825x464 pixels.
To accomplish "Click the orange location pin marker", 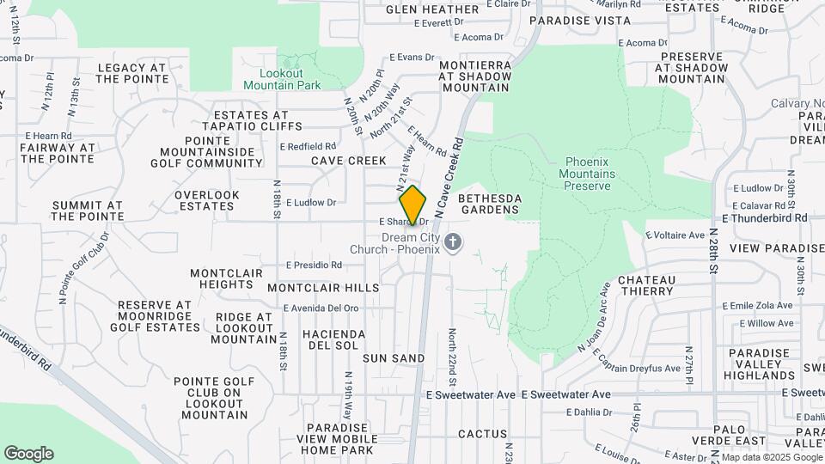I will tap(413, 206).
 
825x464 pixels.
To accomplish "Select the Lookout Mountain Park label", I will tap(282, 79).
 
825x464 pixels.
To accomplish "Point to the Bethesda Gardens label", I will tap(490, 204).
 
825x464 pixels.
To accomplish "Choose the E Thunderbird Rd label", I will tap(765, 218).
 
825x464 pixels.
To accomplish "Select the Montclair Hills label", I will tap(323, 287).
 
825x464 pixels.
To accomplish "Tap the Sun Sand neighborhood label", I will tap(394, 357).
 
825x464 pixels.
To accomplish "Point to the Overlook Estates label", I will tap(206, 200).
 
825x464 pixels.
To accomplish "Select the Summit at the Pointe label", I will tap(87, 211).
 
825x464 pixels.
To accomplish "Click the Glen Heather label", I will tap(432, 9).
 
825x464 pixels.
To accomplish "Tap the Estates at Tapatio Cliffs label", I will tap(251, 120).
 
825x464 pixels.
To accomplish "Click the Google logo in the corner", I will tap(28, 454).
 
